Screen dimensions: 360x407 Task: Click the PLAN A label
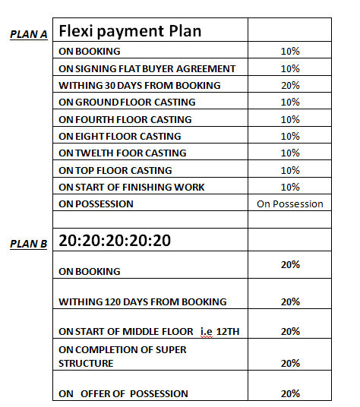point(29,34)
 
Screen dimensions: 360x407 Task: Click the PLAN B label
point(29,244)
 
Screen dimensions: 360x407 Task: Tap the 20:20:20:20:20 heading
point(115,241)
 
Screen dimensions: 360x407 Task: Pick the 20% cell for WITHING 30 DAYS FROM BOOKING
point(290,85)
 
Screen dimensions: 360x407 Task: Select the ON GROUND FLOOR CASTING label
point(127,103)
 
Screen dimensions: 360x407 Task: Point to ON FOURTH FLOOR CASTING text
point(125,119)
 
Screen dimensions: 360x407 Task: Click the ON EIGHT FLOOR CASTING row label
point(120,137)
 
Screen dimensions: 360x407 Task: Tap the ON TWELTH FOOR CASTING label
point(122,153)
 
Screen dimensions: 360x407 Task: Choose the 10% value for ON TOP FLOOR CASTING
point(290,170)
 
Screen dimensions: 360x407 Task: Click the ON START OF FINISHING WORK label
point(131,188)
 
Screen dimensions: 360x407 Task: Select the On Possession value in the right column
point(290,204)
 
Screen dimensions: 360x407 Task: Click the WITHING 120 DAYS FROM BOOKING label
point(143,301)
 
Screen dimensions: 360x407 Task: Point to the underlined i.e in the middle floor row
point(207,331)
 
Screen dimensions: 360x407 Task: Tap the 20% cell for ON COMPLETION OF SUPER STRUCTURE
point(290,363)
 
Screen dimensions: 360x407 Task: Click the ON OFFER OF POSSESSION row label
point(123,393)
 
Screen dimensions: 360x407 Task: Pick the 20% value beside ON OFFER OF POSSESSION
point(290,393)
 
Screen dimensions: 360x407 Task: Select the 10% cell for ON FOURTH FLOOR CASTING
point(290,119)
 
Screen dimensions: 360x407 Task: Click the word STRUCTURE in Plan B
point(87,363)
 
